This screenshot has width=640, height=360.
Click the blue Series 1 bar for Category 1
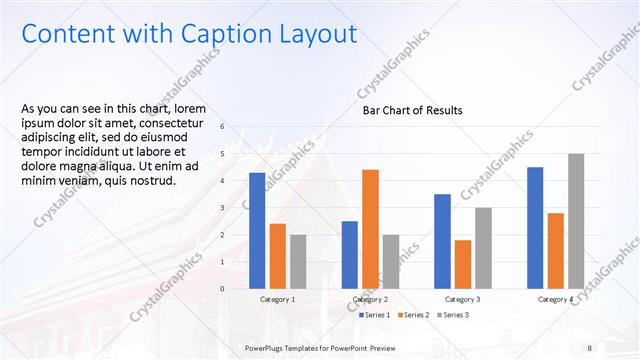point(257,230)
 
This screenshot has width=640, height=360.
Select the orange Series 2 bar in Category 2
point(370,229)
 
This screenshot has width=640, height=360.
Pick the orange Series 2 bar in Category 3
point(462,264)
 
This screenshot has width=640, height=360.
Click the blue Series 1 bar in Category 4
point(535,227)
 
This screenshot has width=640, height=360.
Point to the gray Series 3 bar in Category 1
point(298,261)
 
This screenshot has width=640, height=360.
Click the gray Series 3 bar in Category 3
point(483,248)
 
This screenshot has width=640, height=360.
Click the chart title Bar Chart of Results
point(412,111)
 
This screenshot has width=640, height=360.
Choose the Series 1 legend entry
point(375,315)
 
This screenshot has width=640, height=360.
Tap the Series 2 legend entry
point(415,315)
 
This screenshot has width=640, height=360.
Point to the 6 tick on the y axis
point(237,127)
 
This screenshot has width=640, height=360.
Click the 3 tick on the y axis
point(237,208)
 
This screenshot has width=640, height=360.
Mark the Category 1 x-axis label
point(277,299)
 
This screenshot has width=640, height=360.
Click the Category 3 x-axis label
point(462,299)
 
